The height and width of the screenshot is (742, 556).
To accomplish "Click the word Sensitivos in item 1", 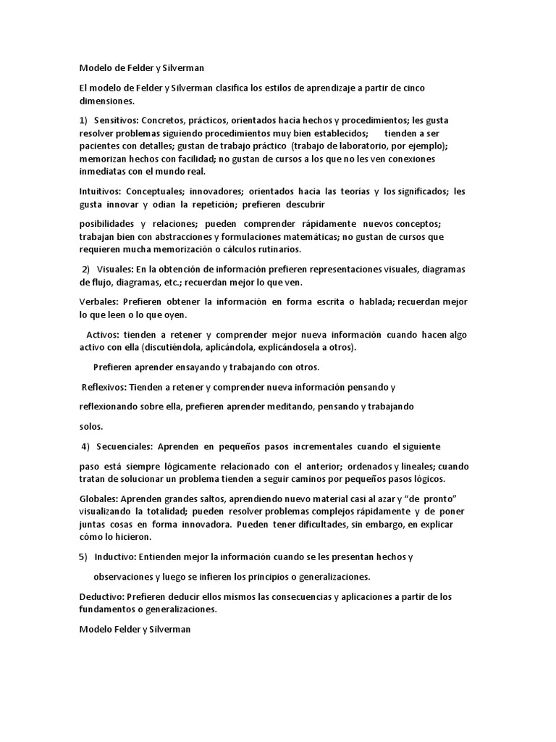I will [116, 120].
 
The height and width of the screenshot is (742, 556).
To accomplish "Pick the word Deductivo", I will [101, 597].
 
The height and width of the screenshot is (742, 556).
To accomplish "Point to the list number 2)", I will [85, 270].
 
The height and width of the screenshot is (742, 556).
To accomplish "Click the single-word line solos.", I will [91, 426].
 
